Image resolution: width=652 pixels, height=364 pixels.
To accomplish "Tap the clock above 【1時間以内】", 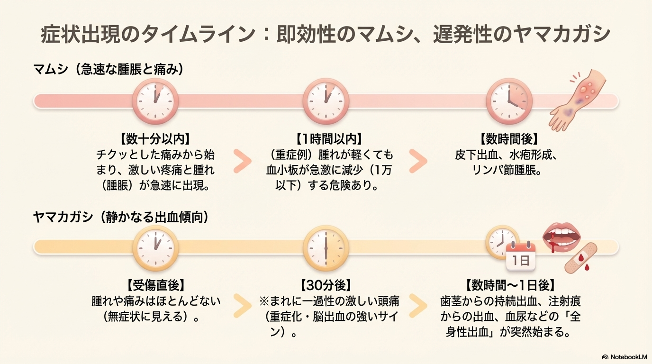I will click(x=326, y=101).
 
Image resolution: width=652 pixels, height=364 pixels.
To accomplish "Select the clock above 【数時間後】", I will click(x=509, y=101).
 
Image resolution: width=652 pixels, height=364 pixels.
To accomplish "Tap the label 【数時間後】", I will click(x=509, y=138).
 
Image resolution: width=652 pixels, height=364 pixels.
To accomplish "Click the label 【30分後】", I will click(x=326, y=285).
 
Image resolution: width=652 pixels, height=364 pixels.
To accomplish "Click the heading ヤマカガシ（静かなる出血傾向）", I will click(x=121, y=217).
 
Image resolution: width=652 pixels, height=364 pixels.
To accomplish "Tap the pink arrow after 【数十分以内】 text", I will click(x=242, y=162).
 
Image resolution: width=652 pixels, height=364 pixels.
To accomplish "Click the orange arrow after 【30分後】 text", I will click(x=417, y=307).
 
